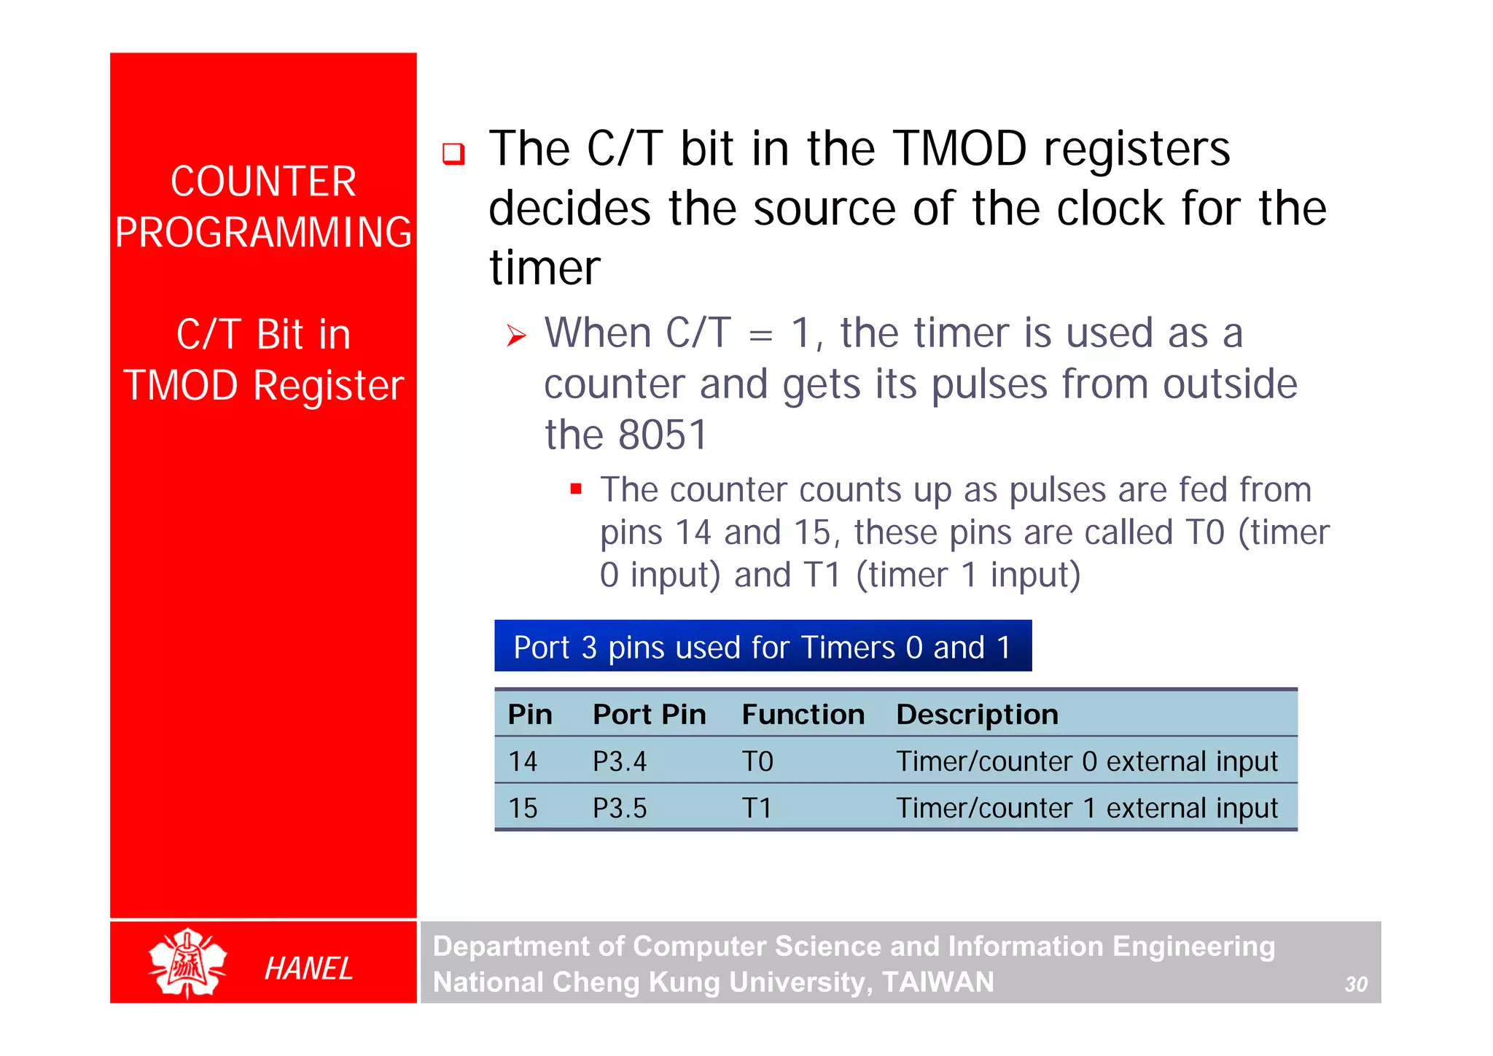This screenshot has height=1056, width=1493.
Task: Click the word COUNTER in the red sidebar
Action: [x=263, y=182]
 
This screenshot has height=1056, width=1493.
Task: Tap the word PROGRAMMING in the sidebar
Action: [x=263, y=233]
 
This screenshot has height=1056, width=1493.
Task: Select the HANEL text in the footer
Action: [x=308, y=968]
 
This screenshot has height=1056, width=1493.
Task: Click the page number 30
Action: [x=1355, y=985]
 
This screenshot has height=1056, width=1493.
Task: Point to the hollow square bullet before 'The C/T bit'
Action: [x=453, y=154]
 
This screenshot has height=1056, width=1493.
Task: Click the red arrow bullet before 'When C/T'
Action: [x=516, y=336]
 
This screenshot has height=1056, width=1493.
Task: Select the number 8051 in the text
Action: [x=663, y=435]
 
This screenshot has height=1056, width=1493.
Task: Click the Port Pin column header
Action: [x=649, y=715]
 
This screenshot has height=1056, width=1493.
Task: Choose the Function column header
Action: [x=803, y=715]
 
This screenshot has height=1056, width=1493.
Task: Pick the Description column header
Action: [x=977, y=715]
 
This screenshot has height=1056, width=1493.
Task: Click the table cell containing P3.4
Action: [x=619, y=762]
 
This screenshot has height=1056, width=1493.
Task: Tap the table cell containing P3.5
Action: [x=619, y=809]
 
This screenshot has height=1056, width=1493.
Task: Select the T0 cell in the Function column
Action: [x=757, y=762]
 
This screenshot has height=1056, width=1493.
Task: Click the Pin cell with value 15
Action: [x=523, y=809]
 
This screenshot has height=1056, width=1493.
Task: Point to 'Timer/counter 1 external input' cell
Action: [x=1086, y=809]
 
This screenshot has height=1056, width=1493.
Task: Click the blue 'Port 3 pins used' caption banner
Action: [x=763, y=647]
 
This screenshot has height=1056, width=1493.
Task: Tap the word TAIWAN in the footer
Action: [x=937, y=982]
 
